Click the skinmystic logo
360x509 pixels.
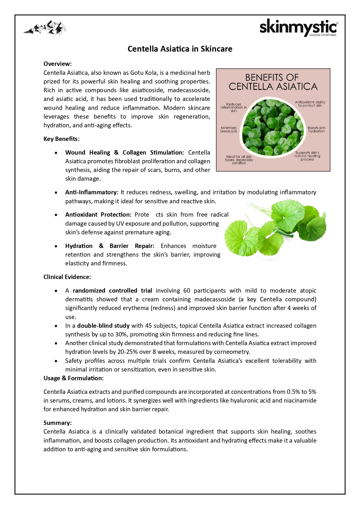(x=299, y=28)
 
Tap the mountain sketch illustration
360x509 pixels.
(x=45, y=28)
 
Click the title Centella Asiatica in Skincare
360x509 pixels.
(x=180, y=49)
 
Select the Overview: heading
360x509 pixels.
(x=57, y=64)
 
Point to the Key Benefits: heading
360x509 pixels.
(x=61, y=139)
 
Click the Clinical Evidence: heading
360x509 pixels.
(x=67, y=277)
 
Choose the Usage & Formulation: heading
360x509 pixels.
(x=73, y=378)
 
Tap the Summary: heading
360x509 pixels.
(x=57, y=423)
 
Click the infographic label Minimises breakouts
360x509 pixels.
(x=229, y=129)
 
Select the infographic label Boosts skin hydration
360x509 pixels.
(x=316, y=129)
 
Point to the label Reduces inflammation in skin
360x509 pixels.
(x=234, y=107)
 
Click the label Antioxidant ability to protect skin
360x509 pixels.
(x=310, y=104)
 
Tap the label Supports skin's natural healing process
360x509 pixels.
(x=307, y=156)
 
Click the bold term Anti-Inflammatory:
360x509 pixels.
(x=92, y=192)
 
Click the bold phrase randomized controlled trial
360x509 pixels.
(x=112, y=291)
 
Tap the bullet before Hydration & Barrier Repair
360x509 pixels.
(x=56, y=246)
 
